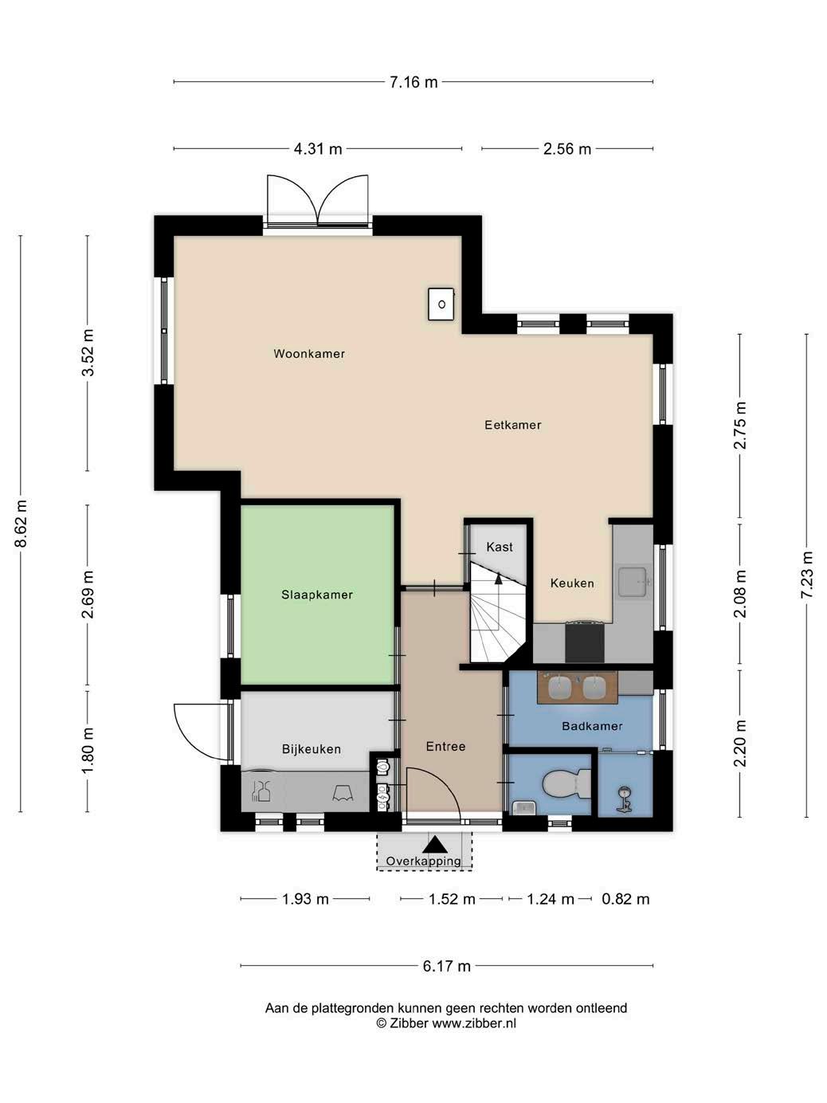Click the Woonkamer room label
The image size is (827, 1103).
309,354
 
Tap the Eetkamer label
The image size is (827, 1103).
512,425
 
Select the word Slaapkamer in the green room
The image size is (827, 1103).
317,595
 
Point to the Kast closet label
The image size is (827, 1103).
500,547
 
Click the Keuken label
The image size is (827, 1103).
572,583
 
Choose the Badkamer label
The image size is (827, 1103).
592,726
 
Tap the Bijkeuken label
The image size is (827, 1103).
312,749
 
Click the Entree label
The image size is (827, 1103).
445,747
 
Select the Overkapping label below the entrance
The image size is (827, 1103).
423,862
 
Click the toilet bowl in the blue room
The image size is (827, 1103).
567,783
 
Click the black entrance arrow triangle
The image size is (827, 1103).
435,844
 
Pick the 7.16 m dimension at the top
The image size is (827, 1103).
413,82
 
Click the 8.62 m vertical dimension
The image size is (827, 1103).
21,523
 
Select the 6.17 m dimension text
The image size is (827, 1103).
446,966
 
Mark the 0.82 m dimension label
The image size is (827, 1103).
625,899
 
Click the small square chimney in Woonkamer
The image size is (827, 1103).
441,304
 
